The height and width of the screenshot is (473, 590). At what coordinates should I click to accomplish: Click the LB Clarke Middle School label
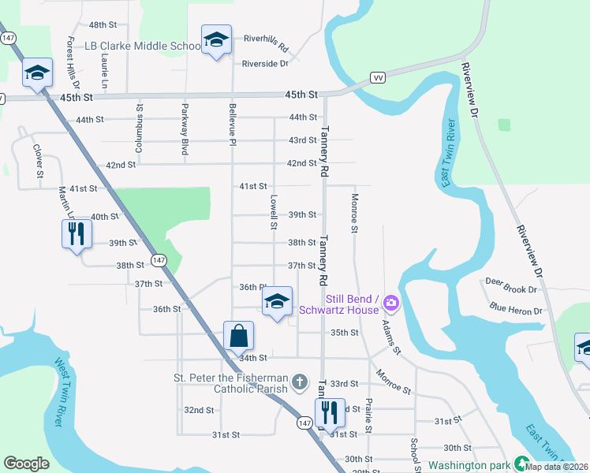tap(143, 46)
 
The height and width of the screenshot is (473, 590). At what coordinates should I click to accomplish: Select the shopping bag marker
tap(238, 336)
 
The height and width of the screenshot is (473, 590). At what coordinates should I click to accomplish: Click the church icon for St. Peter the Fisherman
tap(299, 383)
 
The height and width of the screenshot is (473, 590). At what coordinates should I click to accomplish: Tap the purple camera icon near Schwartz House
tap(390, 302)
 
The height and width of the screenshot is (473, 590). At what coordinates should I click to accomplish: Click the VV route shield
tap(377, 77)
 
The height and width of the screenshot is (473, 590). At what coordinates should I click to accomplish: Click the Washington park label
tap(469, 466)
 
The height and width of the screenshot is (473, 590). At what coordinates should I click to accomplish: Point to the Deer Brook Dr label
tap(510, 281)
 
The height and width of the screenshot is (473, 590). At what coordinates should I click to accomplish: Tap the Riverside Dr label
tap(265, 64)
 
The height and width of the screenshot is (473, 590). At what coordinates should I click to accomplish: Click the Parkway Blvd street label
tap(185, 130)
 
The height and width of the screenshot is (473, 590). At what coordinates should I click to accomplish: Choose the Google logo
tap(26, 464)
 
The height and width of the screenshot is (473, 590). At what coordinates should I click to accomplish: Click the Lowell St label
tap(274, 212)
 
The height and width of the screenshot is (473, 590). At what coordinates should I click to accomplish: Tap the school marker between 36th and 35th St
tap(277, 301)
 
